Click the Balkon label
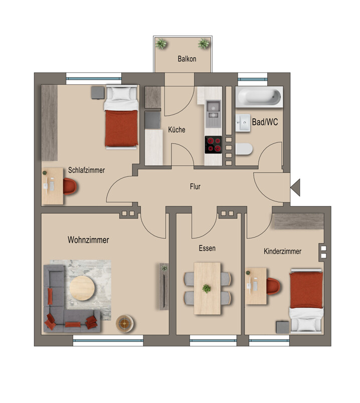point(187,59)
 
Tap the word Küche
point(176,129)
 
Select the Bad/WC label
point(265,122)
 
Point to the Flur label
point(195,186)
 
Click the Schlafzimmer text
point(86,170)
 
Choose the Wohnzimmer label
point(88,240)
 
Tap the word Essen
point(207,248)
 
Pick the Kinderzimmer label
point(282,251)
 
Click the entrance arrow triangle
point(295,187)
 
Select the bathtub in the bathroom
point(259,97)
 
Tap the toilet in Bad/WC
point(244,149)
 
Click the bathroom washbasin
point(243,123)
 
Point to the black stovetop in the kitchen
point(213,145)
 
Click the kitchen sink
point(214,113)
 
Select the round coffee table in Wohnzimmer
point(82,288)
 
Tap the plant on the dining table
point(207,289)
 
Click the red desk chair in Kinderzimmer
point(273,286)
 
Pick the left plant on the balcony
point(161,44)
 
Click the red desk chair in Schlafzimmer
point(70,186)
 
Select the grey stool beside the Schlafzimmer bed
point(98,93)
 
